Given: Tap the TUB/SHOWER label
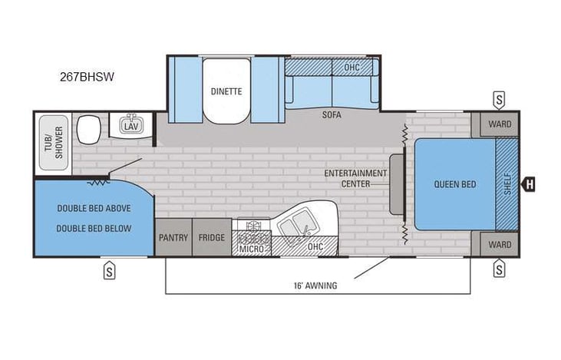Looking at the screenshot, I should tap(51, 142).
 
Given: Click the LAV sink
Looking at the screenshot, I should tap(130, 125).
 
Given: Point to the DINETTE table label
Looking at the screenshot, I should tap(226, 91).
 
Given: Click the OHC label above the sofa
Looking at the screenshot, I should tap(351, 67).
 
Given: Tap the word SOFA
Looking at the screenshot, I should tap(332, 115).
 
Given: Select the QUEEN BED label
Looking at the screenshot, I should tap(454, 183).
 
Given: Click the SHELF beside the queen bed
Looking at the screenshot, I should tap(507, 183).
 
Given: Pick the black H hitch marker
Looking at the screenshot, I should tap(529, 183).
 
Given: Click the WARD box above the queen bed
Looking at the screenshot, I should tap(500, 124).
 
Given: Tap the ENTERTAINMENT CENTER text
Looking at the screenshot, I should tap(355, 178).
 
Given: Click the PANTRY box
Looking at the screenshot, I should tap(173, 237).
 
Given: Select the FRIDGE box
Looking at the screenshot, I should tap(212, 237).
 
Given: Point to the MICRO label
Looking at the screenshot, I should tap(251, 249).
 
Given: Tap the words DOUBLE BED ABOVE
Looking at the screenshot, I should tap(94, 208).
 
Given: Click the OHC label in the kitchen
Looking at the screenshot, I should tap(315, 247).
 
